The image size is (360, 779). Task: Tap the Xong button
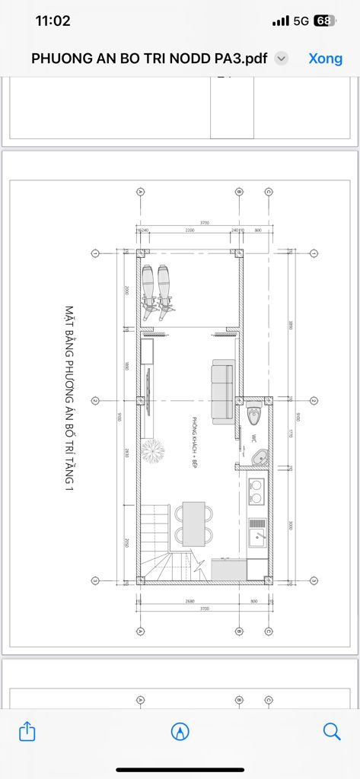pyautogui.click(x=326, y=59)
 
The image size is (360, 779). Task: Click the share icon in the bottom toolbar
pyautogui.click(x=27, y=732)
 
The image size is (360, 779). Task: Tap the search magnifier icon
pyautogui.click(x=332, y=732)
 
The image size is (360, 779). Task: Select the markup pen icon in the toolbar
pyautogui.click(x=180, y=732)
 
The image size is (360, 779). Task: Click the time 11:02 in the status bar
pyautogui.click(x=53, y=21)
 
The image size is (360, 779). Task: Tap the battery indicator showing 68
pyautogui.click(x=323, y=21)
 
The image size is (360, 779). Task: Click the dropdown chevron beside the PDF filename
pyautogui.click(x=281, y=59)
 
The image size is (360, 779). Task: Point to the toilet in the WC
pyautogui.click(x=254, y=416)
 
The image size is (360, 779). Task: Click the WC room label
pyautogui.click(x=253, y=439)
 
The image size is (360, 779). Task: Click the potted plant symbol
pyautogui.click(x=153, y=452)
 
